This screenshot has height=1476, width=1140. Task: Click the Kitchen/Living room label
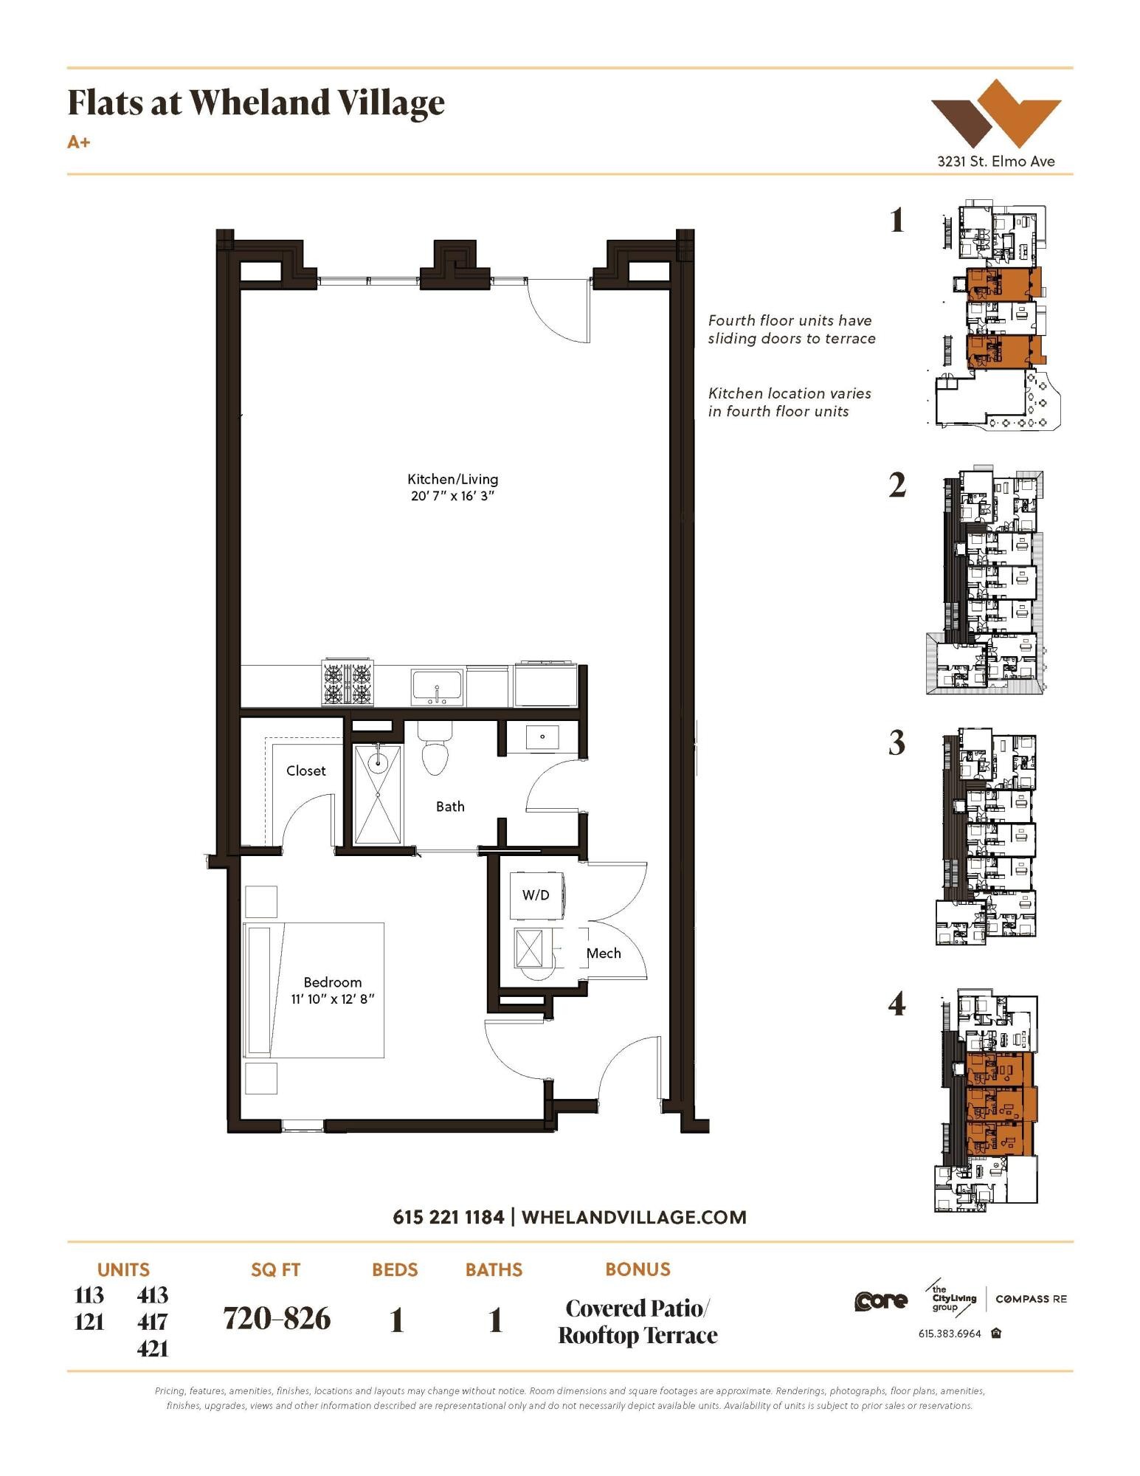pyautogui.click(x=452, y=479)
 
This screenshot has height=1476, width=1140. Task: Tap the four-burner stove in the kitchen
pyautogui.click(x=347, y=683)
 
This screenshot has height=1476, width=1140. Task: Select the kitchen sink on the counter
pyautogui.click(x=437, y=686)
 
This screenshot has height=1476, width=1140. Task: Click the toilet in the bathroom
pyautogui.click(x=435, y=750)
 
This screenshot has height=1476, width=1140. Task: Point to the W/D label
pyautogui.click(x=536, y=895)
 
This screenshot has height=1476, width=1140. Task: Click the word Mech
pyautogui.click(x=603, y=953)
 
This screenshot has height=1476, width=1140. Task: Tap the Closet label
pyautogui.click(x=305, y=770)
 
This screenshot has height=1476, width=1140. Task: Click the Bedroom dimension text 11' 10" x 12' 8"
pyautogui.click(x=332, y=999)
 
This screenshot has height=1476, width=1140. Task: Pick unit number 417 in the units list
pyautogui.click(x=153, y=1322)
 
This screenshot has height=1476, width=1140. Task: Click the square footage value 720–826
pyautogui.click(x=277, y=1319)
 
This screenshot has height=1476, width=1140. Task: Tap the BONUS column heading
pyautogui.click(x=638, y=1269)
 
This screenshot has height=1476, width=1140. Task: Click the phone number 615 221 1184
pyautogui.click(x=448, y=1217)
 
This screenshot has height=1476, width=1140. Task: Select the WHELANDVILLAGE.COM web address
pyautogui.click(x=634, y=1217)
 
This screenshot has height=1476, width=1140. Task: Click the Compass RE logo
pyautogui.click(x=1031, y=1299)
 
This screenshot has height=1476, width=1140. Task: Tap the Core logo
pyautogui.click(x=880, y=1301)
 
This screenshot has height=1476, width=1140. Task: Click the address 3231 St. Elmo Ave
pyautogui.click(x=995, y=161)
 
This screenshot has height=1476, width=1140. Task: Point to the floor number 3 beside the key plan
pyautogui.click(x=897, y=743)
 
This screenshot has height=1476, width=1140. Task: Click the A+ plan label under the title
pyautogui.click(x=78, y=142)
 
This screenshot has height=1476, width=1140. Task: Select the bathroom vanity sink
pyautogui.click(x=542, y=737)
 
